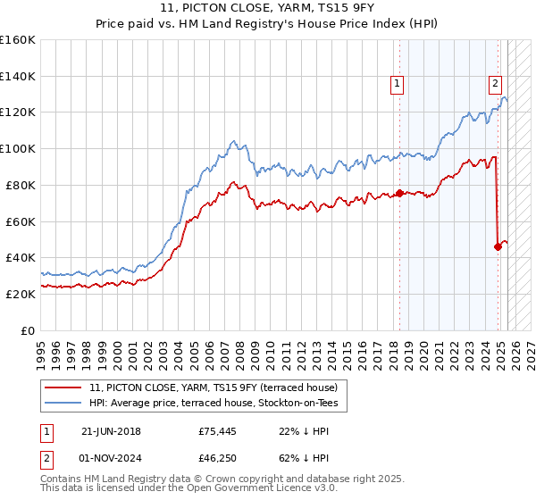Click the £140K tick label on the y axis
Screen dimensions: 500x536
click(x=18, y=76)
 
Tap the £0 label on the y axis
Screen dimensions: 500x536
click(x=28, y=330)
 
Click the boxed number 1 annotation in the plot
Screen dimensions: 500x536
click(x=398, y=84)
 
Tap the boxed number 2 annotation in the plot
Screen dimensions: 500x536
click(x=494, y=84)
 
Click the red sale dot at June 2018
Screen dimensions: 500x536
click(x=399, y=193)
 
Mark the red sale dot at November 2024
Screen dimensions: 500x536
click(x=498, y=246)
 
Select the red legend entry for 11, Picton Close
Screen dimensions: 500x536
click(x=214, y=387)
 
